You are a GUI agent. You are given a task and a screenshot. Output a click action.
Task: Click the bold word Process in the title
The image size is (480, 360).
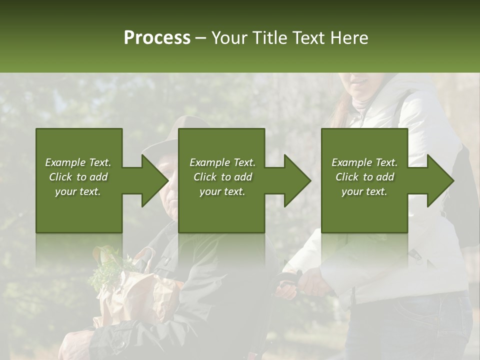point(157,38)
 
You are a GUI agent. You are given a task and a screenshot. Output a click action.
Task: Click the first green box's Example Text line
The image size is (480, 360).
point(78,162)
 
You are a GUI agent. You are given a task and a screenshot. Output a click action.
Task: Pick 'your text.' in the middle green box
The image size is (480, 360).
point(222,191)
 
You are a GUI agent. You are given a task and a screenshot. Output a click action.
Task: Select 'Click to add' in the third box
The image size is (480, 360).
point(364,177)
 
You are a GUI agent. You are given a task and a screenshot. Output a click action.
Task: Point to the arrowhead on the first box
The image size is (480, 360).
point(153,180)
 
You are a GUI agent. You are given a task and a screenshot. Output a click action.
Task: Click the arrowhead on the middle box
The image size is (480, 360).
point(295,180)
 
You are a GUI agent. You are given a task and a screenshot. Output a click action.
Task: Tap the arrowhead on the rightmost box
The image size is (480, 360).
point(439,180)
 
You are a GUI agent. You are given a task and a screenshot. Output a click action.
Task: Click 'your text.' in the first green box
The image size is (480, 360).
point(78,191)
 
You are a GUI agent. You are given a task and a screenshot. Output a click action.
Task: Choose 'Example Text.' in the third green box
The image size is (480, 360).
point(364,162)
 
